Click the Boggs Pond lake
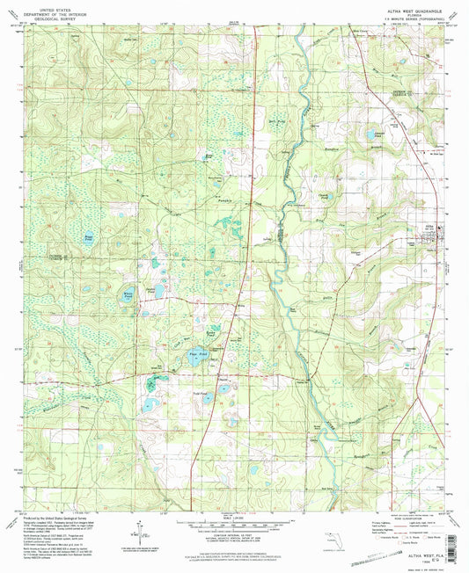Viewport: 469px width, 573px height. click(x=87, y=237)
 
